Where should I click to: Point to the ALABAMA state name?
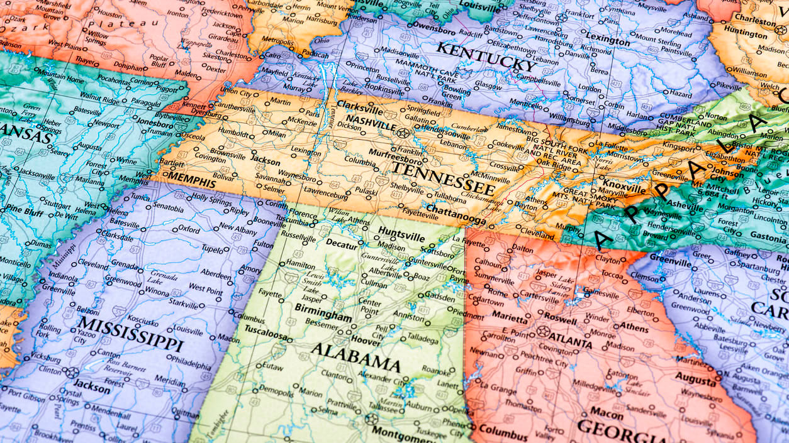[355, 358]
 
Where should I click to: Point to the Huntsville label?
[401, 231]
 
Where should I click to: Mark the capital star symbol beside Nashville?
[403, 133]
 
